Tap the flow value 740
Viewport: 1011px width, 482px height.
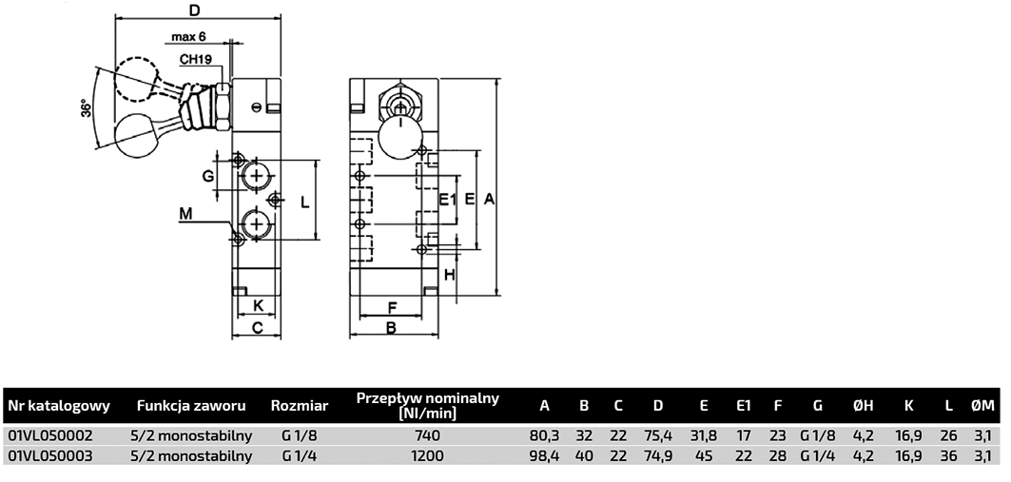428,435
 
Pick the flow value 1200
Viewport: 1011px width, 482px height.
428,455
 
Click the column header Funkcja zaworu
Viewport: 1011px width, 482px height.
192,406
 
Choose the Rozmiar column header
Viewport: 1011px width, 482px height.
300,406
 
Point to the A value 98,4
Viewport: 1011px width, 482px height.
544,455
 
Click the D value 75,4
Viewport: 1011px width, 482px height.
658,435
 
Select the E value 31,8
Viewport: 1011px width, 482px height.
704,435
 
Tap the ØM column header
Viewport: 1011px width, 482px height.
982,406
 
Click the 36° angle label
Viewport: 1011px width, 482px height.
87,108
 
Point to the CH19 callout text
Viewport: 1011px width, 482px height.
196,59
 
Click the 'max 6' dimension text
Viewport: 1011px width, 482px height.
189,37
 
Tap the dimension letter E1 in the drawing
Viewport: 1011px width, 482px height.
448,200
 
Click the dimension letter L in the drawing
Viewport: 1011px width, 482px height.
304,202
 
